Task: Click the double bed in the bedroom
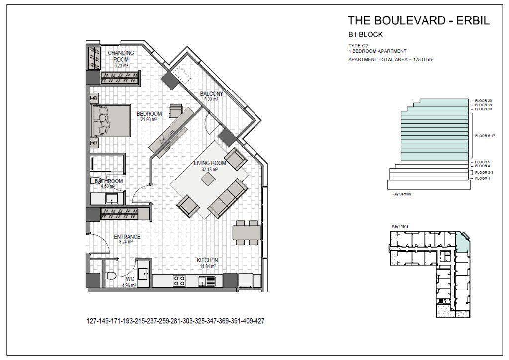pyautogui.click(x=111, y=120)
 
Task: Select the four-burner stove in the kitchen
pyautogui.click(x=179, y=281)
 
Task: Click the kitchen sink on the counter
pyautogui.click(x=207, y=281)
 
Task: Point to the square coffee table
pyautogui.click(x=208, y=179)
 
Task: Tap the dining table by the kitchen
pyautogui.click(x=247, y=232)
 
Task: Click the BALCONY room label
pyautogui.click(x=212, y=94)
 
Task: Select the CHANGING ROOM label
pyautogui.click(x=121, y=56)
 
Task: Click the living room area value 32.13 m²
pyautogui.click(x=210, y=169)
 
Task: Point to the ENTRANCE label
pyautogui.click(x=127, y=237)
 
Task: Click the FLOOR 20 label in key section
pyautogui.click(x=483, y=101)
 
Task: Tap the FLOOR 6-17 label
pyautogui.click(x=485, y=136)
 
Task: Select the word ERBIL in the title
pyautogui.click(x=473, y=20)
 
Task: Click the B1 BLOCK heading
pyautogui.click(x=365, y=34)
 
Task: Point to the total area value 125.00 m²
pyautogui.click(x=424, y=59)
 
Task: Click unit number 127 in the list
pyautogui.click(x=92, y=321)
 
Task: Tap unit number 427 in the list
pyautogui.click(x=259, y=321)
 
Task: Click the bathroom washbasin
pyautogui.click(x=112, y=198)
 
